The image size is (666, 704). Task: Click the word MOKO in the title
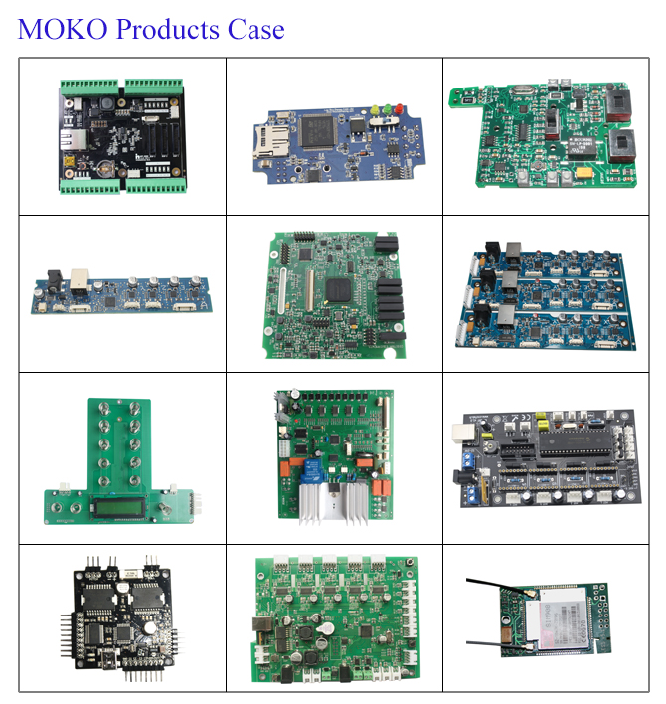click(x=63, y=29)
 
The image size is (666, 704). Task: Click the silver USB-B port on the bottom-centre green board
click(x=264, y=625)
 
